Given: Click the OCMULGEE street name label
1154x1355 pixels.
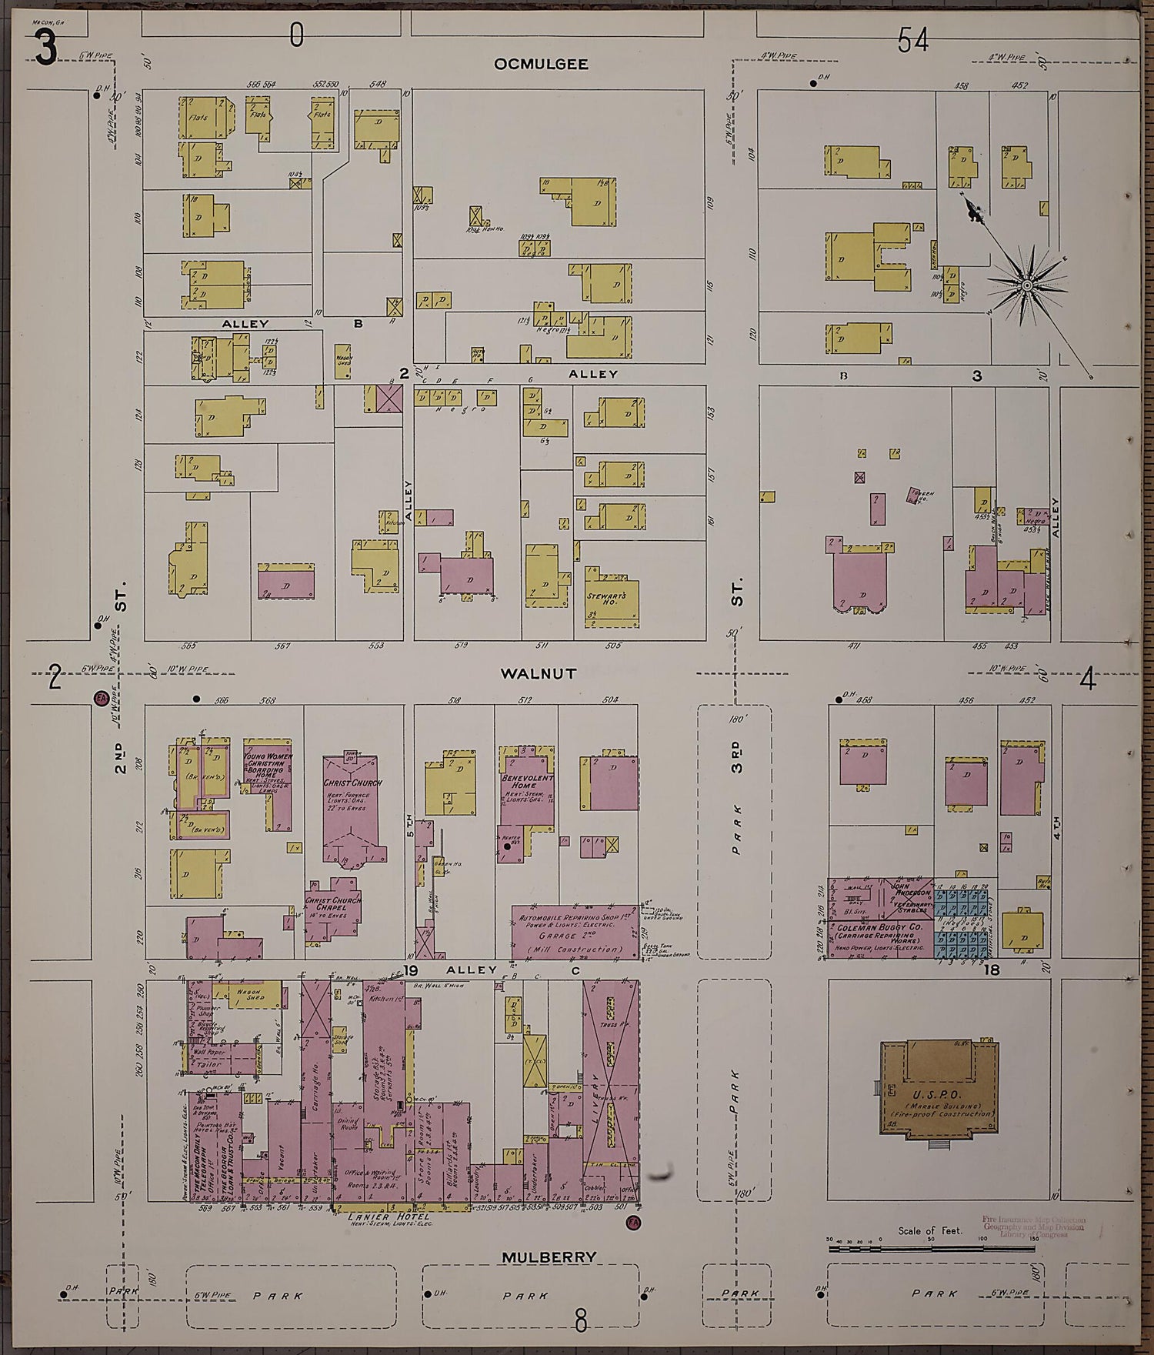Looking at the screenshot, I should point(541,64).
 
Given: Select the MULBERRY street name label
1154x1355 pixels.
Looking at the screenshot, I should point(538,1257).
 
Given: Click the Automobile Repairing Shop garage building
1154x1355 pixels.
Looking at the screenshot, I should point(575,932).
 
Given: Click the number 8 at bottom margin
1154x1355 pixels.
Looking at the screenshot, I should point(581,1323).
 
